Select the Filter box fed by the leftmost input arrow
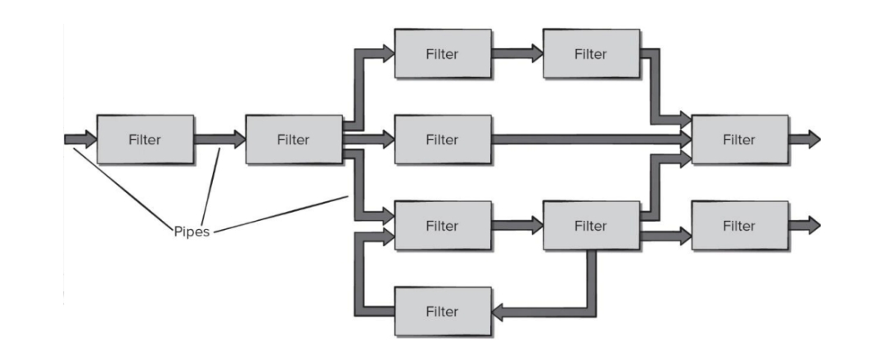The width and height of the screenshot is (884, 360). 145,140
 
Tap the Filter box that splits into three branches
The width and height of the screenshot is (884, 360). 294,140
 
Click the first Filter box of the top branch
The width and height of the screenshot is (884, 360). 442,54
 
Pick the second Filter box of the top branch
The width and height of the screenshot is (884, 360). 591,54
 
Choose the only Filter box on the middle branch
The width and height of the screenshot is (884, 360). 442,140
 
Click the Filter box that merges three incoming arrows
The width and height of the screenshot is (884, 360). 739,140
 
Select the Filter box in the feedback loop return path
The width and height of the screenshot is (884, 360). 442,312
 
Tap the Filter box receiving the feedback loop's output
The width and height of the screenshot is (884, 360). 442,226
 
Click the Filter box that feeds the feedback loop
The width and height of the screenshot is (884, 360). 591,226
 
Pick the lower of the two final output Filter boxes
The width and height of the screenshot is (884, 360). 739,226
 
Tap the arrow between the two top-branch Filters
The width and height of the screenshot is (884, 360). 517,54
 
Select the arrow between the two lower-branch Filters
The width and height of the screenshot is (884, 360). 517,226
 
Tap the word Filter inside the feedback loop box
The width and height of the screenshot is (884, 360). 442,312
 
